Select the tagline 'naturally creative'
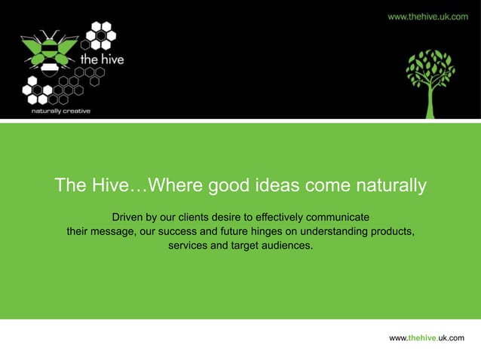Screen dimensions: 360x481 (60, 111)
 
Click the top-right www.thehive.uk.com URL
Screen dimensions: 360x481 (427, 16)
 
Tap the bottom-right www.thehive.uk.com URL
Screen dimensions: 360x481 (426, 339)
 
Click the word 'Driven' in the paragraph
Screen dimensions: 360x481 (127, 217)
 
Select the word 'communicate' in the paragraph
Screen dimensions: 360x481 (336, 217)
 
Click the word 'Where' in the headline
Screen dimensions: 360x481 (173, 185)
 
